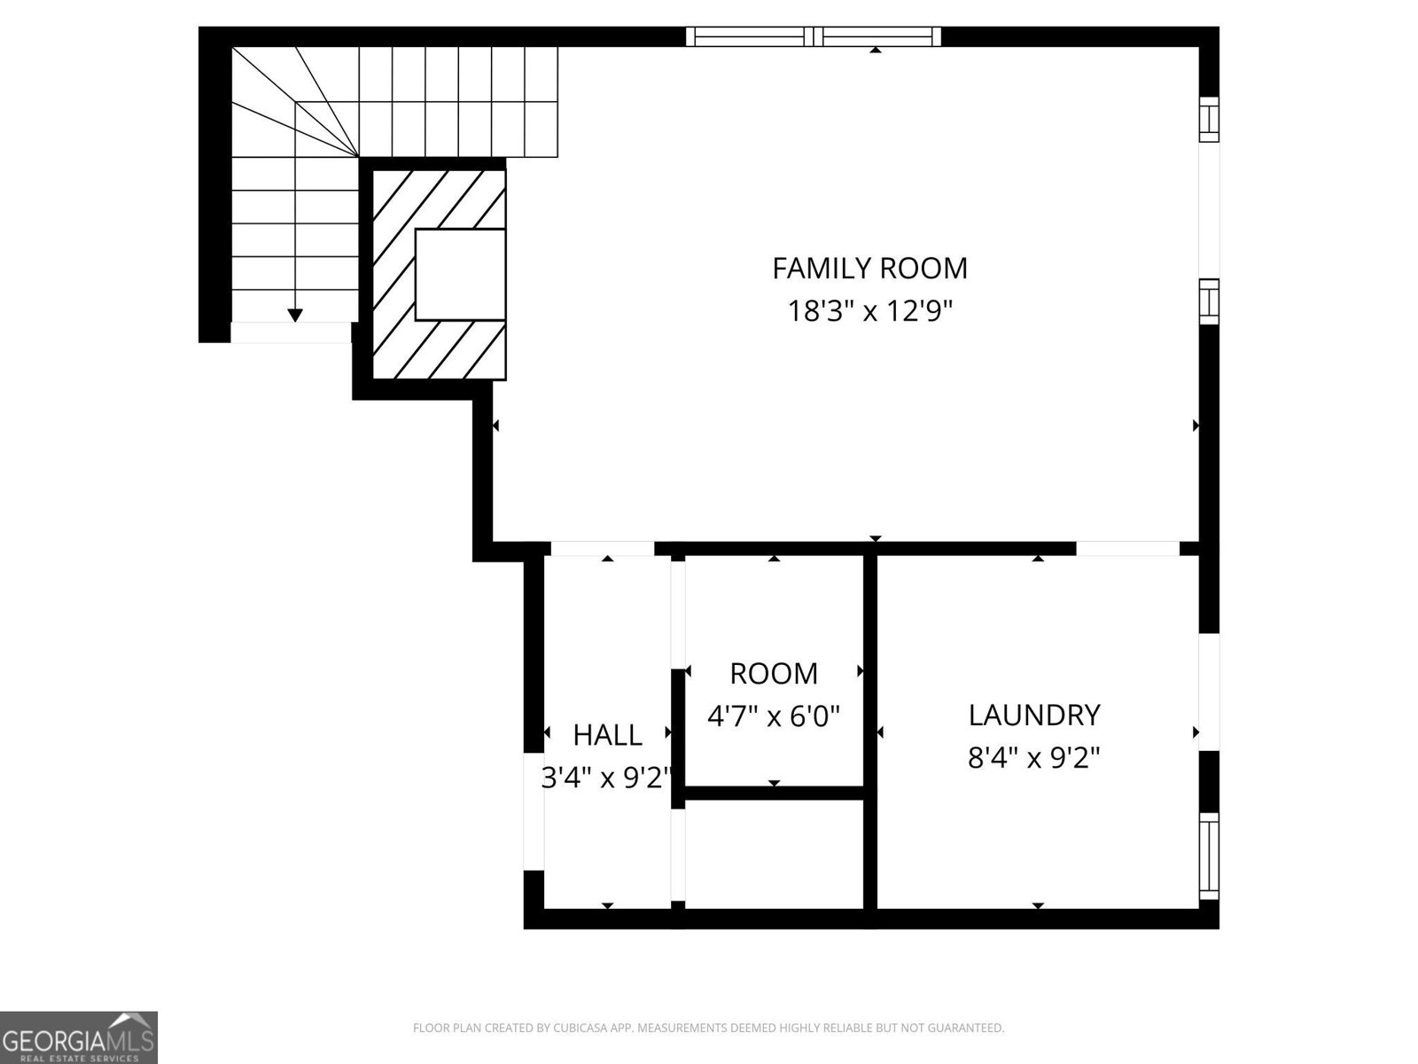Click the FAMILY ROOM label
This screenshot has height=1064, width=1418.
(x=869, y=268)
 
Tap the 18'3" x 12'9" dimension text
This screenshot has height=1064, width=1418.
(x=869, y=311)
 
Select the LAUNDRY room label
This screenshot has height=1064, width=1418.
(x=1033, y=715)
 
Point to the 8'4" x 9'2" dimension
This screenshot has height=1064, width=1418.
(x=1033, y=758)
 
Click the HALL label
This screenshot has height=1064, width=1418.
(x=607, y=735)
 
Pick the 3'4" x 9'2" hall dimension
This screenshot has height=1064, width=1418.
(x=607, y=778)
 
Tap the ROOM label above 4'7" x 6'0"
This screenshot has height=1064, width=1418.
(x=774, y=674)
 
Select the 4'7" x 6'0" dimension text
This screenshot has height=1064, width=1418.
(x=774, y=716)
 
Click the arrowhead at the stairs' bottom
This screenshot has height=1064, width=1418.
(x=295, y=315)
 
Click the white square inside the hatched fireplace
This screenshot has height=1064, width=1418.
(x=460, y=274)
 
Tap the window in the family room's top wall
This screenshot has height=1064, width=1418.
(x=813, y=36)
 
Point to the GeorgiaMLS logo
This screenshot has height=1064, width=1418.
(x=79, y=1037)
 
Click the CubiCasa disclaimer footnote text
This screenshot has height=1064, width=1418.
(x=708, y=1028)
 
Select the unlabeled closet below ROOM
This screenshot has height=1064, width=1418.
(x=774, y=853)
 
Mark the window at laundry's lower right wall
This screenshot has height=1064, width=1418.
(x=1209, y=857)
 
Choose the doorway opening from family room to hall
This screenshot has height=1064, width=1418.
(x=603, y=549)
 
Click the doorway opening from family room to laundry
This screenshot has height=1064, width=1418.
(x=1127, y=549)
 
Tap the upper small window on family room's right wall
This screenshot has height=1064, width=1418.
(x=1209, y=119)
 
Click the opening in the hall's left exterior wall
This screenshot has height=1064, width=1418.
(x=533, y=811)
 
